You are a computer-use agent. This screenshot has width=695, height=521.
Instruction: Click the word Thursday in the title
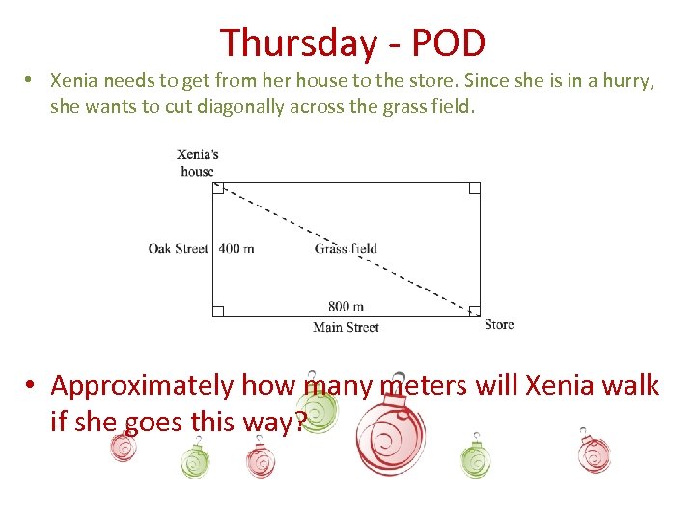[298, 43]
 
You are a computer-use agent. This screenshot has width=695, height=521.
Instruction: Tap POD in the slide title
[447, 43]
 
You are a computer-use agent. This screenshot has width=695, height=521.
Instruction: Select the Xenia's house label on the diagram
[198, 162]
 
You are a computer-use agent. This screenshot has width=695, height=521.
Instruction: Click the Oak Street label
[178, 248]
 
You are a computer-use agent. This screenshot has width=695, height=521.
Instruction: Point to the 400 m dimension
[236, 248]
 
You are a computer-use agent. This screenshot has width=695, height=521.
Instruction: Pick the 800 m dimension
[345, 306]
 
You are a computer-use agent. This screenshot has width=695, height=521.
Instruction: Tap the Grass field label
[346, 248]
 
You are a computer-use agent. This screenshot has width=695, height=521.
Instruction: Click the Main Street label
[346, 327]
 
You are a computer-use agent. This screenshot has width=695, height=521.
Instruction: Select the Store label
[499, 325]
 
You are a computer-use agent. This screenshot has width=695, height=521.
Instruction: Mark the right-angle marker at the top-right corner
[474, 188]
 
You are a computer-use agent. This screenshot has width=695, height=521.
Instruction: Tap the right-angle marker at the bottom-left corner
[218, 311]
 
